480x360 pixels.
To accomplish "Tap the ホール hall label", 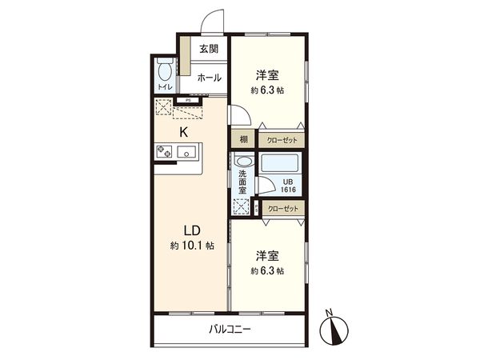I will pyautogui.click(x=210, y=78).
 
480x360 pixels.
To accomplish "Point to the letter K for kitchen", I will pyautogui.click(x=183, y=133).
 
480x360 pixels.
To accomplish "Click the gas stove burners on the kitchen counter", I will pyautogui.click(x=165, y=150).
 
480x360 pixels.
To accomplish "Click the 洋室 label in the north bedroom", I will pyautogui.click(x=268, y=75).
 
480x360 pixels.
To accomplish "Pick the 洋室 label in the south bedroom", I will pyautogui.click(x=268, y=255).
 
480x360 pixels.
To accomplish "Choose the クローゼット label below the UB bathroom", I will pyautogui.click(x=283, y=208).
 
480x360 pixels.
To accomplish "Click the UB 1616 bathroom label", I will pyautogui.click(x=287, y=185).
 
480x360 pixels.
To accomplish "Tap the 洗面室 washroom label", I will pyautogui.click(x=242, y=182).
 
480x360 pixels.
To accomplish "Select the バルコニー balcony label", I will pyautogui.click(x=230, y=329).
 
